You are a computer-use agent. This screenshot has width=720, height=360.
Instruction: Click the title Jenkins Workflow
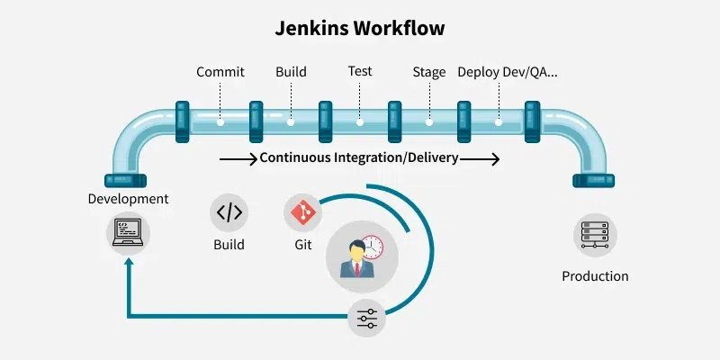pos(360,29)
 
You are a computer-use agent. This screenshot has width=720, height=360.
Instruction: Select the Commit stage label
pos(220,72)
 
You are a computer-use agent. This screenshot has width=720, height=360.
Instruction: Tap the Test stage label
pos(360,71)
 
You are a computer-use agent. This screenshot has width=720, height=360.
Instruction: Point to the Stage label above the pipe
pos(429,72)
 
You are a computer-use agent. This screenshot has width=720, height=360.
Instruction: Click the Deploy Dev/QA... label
pos(508,72)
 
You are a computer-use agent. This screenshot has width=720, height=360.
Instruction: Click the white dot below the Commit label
pos(220,120)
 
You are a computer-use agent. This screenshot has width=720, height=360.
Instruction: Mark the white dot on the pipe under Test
pos(360,120)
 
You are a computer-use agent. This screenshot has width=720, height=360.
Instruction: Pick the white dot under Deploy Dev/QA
pos(499,120)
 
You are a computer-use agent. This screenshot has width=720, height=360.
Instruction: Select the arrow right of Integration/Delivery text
pos(481,158)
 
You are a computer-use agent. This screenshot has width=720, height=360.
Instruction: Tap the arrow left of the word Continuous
pos(238,158)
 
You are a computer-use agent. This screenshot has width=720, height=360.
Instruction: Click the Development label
pos(128,198)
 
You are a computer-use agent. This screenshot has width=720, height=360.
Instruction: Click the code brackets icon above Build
pos(229,212)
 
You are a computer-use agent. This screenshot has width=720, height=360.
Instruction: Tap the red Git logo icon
pos(302,212)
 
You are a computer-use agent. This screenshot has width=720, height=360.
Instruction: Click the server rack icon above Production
pos(595,235)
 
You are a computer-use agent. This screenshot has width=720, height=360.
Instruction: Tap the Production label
pos(595,276)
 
